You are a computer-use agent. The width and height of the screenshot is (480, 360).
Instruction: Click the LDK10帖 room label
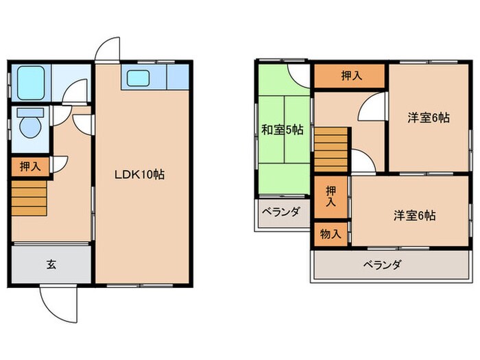(140, 174)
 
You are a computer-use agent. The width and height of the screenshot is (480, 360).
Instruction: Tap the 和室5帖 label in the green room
(283, 130)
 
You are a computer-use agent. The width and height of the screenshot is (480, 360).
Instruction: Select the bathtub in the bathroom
(31, 83)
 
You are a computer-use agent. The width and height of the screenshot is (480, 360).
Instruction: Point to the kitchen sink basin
(138, 78)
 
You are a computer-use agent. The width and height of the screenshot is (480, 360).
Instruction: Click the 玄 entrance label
(51, 264)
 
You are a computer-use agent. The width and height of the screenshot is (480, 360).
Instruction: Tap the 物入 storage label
(331, 235)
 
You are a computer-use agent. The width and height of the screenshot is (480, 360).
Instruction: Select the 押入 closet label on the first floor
(30, 167)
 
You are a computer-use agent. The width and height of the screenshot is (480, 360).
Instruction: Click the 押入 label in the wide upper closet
(352, 75)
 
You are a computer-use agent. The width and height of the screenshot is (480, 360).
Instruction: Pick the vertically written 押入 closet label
(331, 196)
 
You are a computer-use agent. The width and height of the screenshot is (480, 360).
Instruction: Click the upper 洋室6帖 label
(429, 117)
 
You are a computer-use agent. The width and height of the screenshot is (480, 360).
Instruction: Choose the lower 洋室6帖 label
(415, 216)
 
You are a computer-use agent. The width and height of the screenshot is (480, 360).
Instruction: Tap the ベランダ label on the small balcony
(281, 211)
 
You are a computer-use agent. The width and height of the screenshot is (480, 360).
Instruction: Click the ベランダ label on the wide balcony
(383, 264)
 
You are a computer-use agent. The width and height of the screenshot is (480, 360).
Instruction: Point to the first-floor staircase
(29, 198)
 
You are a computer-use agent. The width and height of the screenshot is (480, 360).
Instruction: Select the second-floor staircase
(331, 149)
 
